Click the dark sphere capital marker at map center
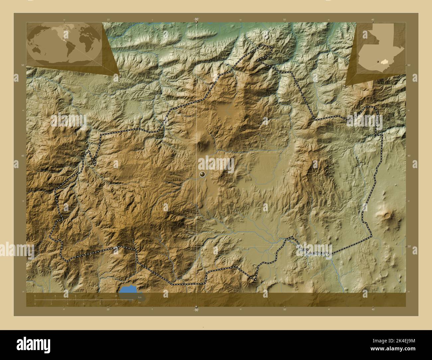pos(202,174)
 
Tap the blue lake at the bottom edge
pos(128,289)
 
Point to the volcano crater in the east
pos(387,215)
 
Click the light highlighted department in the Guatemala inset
pos(385,61)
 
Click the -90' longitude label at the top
pos(196,20)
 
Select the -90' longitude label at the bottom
pos(196,310)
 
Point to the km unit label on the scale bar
pos(140,297)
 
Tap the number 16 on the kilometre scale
pos(116,296)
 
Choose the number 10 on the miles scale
pos(116,304)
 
